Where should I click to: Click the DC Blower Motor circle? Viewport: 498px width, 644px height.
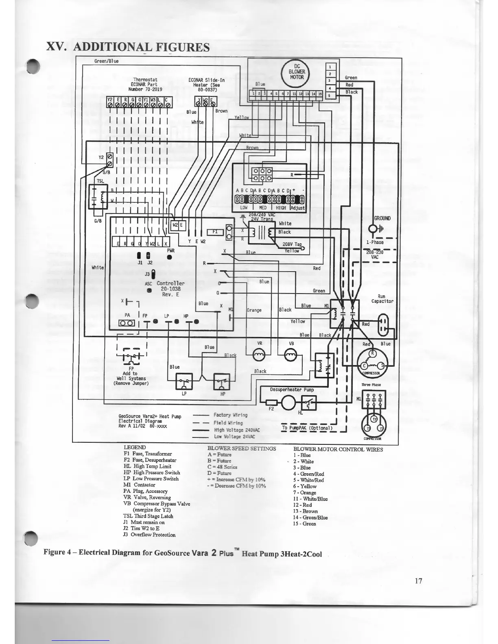point(297,72)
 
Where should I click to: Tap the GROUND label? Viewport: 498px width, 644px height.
point(382,218)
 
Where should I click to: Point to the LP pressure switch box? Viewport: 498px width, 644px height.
point(183,381)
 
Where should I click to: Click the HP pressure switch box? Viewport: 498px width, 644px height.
point(222,381)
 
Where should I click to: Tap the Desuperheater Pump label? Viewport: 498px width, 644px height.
point(292,389)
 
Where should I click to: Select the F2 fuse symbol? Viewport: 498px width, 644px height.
point(271,403)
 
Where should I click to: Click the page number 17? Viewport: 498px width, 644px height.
point(418,581)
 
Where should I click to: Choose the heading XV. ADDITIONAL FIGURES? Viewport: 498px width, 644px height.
point(128,47)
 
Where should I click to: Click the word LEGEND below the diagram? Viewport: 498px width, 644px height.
point(135,447)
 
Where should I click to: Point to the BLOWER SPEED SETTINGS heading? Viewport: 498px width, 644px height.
point(242,448)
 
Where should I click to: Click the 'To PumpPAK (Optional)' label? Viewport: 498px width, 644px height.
point(307,428)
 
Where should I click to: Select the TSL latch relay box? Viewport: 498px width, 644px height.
point(98,197)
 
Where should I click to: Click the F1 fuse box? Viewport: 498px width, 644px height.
point(215,232)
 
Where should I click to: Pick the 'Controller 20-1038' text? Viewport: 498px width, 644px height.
point(170,286)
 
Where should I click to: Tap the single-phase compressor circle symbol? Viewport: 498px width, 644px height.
point(373,362)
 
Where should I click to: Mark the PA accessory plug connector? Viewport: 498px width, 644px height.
point(127,323)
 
